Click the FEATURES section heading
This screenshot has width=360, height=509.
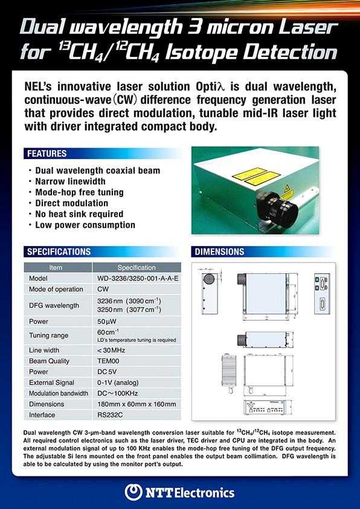coord(47,154)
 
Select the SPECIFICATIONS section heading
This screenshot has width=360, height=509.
coord(59,251)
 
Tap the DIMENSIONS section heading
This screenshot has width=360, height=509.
coord(220,251)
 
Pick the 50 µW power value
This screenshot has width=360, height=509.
coord(107,320)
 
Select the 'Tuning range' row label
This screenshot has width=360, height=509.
coord(48,336)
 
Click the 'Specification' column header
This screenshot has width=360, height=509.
coord(137,268)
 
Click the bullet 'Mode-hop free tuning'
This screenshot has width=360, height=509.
coord(80,192)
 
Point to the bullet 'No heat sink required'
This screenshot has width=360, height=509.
coord(79,214)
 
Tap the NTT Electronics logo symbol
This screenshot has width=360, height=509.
coord(133,491)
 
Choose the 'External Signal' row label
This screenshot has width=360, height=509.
coord(51,383)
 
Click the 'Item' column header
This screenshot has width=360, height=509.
coord(56,268)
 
